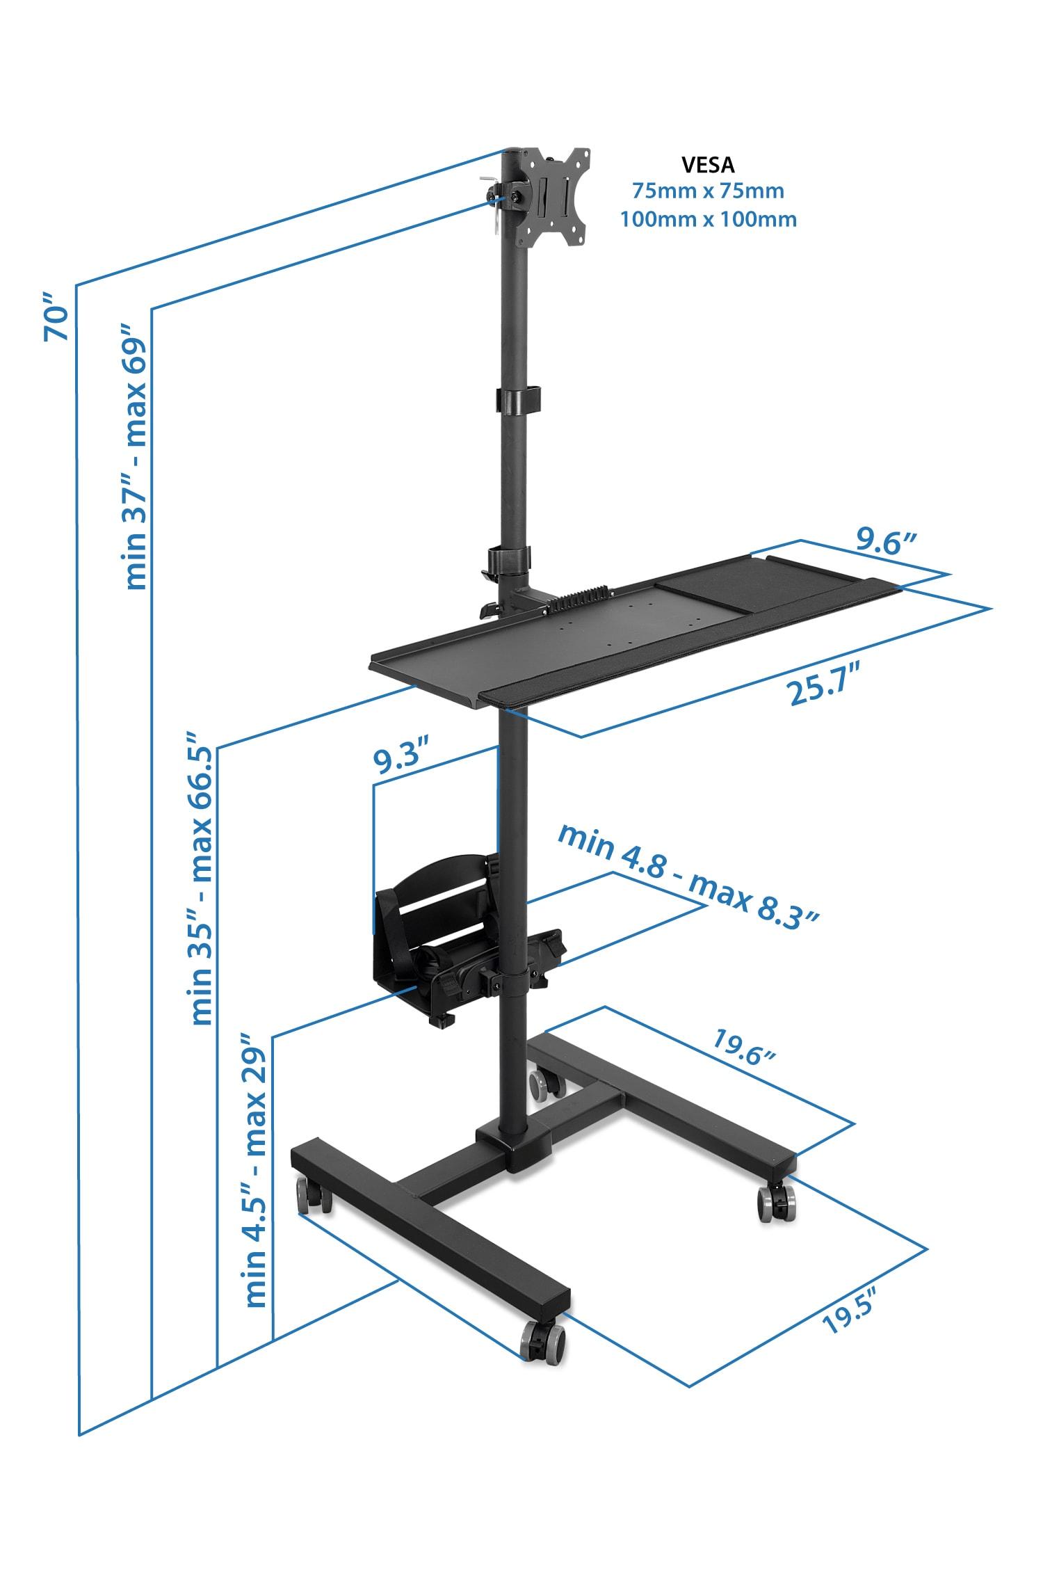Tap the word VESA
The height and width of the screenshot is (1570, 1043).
[708, 165]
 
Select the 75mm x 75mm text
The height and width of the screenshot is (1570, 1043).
[708, 191]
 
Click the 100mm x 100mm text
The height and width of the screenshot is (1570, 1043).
[708, 219]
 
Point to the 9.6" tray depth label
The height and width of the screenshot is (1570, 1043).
[887, 542]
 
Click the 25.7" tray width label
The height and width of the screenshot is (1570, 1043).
[825, 691]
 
